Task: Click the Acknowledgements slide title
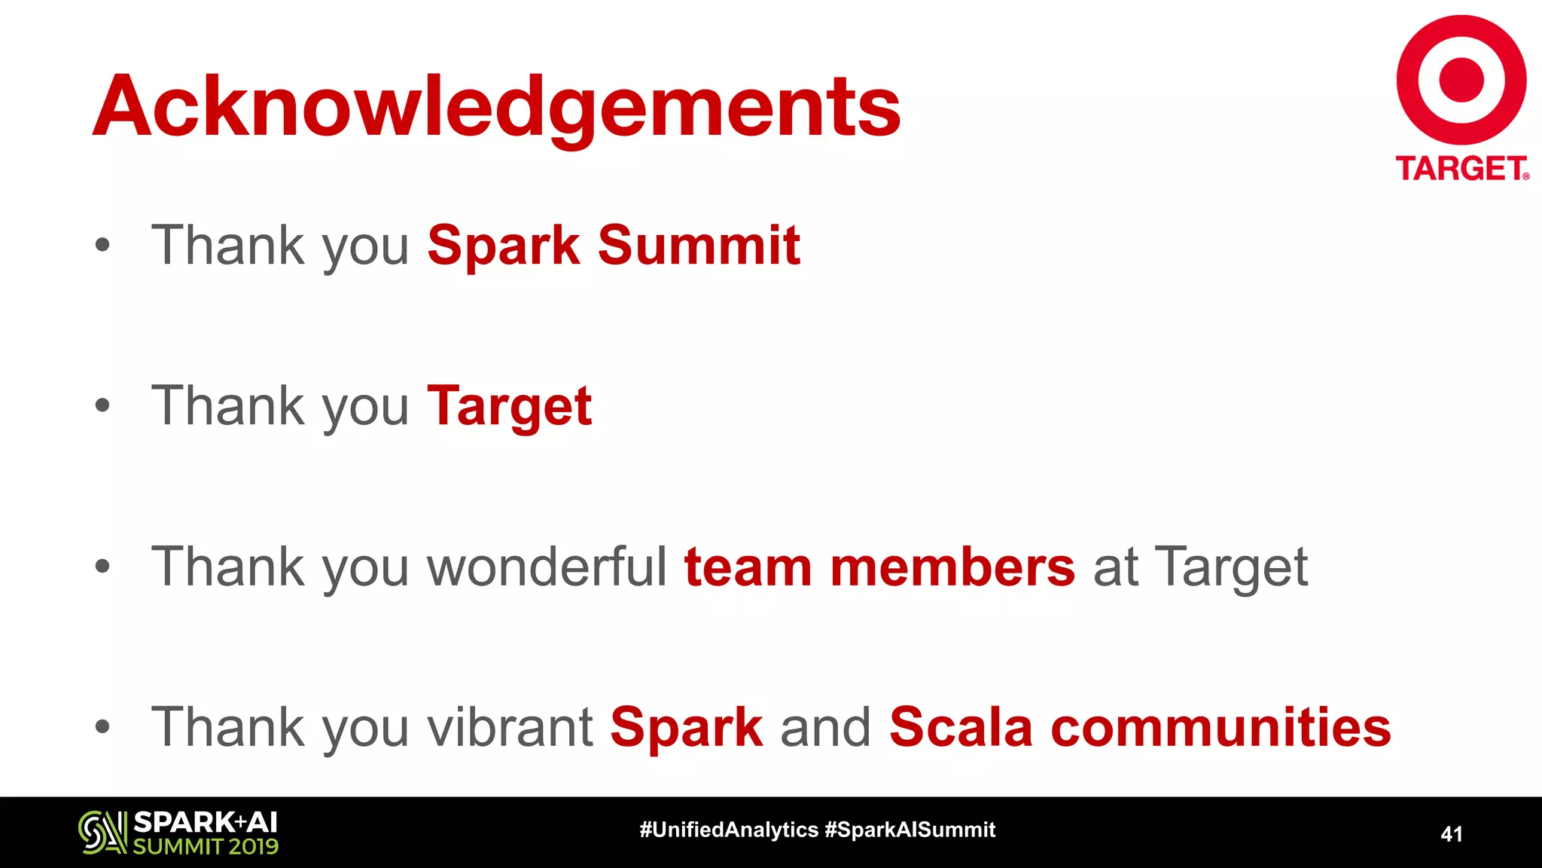point(497,107)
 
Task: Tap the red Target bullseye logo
point(1461,80)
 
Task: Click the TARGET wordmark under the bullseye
point(1461,169)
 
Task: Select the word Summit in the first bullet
point(699,246)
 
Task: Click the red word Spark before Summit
point(503,247)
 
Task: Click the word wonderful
point(547,567)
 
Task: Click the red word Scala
point(961,727)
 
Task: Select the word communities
point(1220,727)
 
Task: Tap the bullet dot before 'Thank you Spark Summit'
point(102,246)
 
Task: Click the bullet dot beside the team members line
point(102,567)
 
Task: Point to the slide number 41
point(1451,834)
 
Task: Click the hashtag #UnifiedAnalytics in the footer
point(728,830)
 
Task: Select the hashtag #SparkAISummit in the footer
point(910,830)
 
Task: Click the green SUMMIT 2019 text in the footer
point(206,846)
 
